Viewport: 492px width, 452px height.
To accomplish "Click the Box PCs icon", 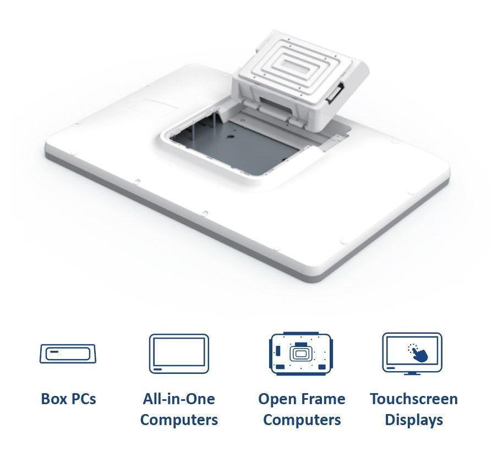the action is click(x=68, y=354).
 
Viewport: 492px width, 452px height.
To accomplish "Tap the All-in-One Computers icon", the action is click(x=179, y=354).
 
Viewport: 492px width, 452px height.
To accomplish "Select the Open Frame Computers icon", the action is click(x=301, y=354).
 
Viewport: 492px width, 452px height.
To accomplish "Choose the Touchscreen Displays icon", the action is click(x=412, y=354).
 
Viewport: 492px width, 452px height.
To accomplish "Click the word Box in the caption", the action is click(x=53, y=399).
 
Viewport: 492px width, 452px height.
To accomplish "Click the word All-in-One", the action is click(x=179, y=399).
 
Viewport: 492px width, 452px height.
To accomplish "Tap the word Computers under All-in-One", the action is click(x=179, y=420).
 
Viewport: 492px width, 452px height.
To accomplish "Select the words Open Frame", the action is click(x=302, y=399).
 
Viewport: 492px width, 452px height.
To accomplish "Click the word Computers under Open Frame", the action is click(x=302, y=420).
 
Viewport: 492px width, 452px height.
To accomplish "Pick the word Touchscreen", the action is click(x=414, y=399).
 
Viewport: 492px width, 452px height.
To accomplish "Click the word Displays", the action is click(x=414, y=420).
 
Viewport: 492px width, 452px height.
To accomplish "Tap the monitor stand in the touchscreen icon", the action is click(x=412, y=373).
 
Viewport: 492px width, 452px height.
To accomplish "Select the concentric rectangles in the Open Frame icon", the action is click(x=301, y=353).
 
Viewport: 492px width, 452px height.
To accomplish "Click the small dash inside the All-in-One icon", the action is click(x=157, y=370).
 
